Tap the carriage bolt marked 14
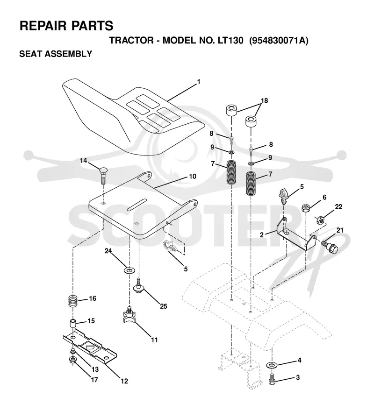click(103, 175)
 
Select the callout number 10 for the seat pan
click(193, 177)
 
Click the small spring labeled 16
click(73, 301)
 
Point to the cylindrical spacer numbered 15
click(73, 323)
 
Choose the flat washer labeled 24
click(129, 270)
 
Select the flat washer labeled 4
click(271, 365)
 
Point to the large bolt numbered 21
click(330, 247)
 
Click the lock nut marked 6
click(306, 208)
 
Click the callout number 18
click(265, 100)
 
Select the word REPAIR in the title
click(43, 26)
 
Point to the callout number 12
click(124, 381)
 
